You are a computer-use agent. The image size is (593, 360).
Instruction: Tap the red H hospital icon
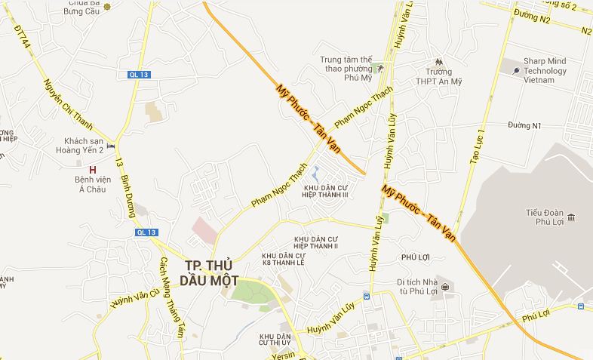(93, 170)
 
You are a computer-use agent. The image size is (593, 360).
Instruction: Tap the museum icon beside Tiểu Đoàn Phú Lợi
(572, 218)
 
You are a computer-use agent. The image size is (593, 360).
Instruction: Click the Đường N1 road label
(525, 125)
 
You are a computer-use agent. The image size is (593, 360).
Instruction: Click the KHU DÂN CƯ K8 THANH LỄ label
(284, 260)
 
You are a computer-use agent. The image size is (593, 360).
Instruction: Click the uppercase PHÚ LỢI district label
(416, 257)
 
